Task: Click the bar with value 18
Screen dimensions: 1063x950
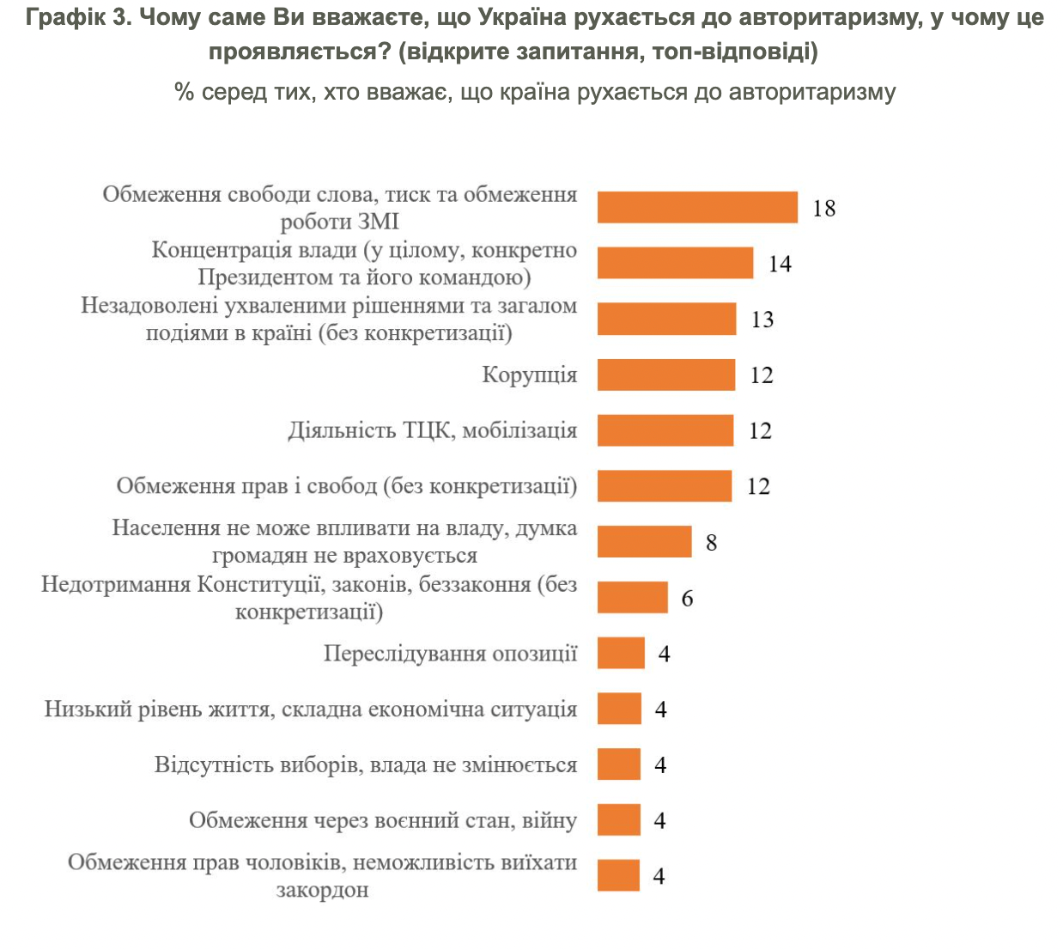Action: (697, 207)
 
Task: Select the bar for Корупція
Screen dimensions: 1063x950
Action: (666, 375)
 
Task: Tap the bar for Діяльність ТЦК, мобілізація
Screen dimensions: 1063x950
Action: (665, 430)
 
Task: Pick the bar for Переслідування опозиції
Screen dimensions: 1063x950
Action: (621, 653)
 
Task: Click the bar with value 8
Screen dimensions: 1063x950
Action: (644, 542)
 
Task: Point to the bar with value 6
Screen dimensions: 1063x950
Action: (633, 597)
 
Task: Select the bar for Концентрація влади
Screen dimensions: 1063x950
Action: (675, 263)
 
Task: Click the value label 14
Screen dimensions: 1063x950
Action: (781, 264)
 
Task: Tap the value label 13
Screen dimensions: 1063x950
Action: (762, 320)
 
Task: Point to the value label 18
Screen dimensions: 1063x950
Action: (824, 209)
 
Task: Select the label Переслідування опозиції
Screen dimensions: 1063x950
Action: (450, 654)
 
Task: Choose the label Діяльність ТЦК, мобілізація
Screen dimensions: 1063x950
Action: (433, 431)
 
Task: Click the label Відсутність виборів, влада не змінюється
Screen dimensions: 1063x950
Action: (366, 764)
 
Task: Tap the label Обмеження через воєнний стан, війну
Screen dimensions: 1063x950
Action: (383, 820)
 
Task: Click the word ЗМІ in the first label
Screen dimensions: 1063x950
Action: (378, 222)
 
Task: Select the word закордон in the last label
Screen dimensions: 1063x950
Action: (323, 890)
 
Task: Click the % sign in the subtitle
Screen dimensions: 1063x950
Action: (184, 93)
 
